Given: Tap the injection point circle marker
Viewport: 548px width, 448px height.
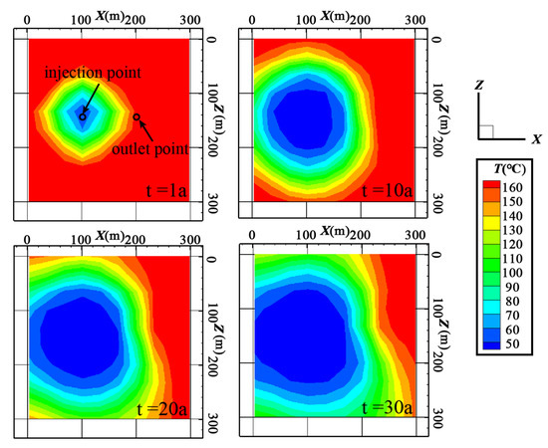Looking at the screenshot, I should coord(83,116).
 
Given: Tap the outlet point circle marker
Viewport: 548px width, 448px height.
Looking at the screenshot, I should coord(137,116).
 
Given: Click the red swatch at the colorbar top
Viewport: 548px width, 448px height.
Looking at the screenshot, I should coord(491,186).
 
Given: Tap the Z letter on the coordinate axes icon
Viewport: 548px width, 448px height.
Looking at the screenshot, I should coord(479,88).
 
